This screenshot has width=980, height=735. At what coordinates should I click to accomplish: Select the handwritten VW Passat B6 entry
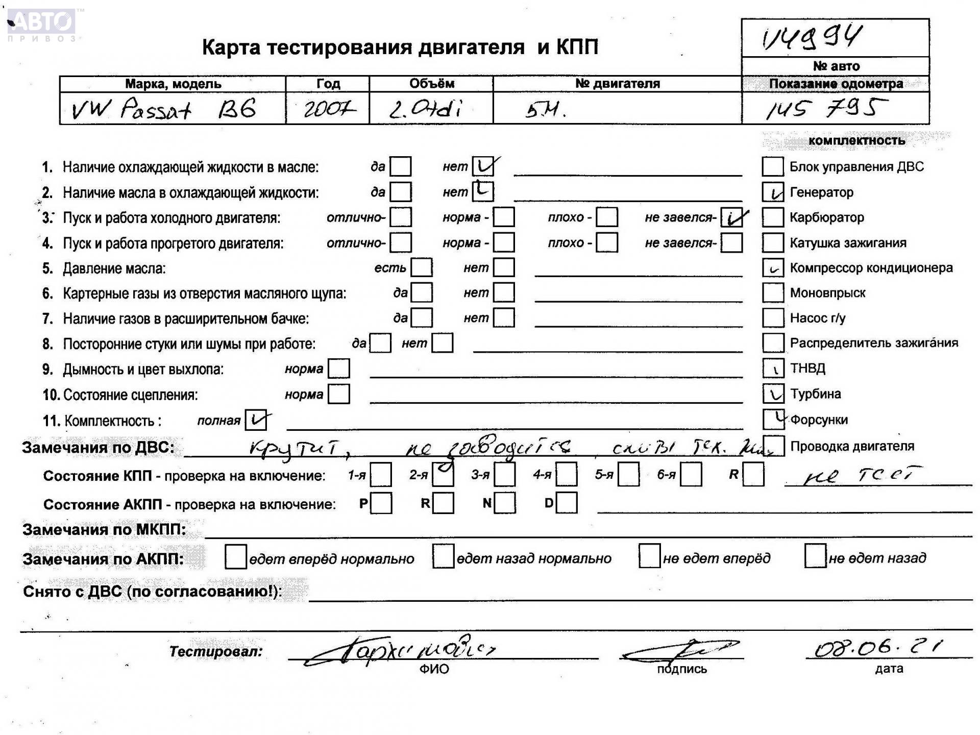163,109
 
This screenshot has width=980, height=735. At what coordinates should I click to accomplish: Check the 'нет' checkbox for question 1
483,166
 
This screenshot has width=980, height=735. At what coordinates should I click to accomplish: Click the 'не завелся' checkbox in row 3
731,218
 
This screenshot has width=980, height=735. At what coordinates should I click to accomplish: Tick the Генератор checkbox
773,192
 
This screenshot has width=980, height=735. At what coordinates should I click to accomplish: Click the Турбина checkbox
773,394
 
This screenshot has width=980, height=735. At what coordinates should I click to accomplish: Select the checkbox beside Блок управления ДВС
773,166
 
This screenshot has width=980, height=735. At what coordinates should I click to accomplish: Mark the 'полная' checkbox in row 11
255,421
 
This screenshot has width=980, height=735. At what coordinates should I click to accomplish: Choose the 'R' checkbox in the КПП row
753,475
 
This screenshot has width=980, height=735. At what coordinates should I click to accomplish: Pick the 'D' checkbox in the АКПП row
567,503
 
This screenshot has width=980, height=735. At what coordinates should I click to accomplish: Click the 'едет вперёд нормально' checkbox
235,557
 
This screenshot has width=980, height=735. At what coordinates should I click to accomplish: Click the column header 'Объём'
431,84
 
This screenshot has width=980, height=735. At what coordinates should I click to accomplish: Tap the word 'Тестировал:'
216,651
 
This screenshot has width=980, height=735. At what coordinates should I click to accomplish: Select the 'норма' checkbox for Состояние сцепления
339,394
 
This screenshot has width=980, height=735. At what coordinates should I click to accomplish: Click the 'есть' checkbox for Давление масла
422,267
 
